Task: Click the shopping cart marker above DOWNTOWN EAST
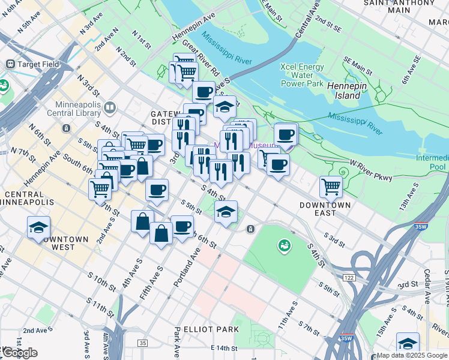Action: pos(331,186)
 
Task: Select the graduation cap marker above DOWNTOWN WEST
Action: pos(38,227)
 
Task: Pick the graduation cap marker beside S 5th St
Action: pos(226,212)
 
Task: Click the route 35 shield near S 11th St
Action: pos(142,343)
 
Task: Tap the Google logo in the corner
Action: pos(19,353)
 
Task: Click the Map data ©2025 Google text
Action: pos(412,355)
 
